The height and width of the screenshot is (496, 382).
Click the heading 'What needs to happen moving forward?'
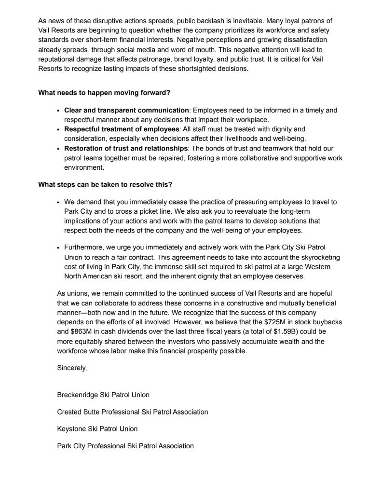pos(104,93)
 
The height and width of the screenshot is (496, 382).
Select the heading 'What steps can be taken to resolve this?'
pos(105,184)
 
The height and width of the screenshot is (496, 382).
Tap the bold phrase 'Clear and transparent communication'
pos(126,110)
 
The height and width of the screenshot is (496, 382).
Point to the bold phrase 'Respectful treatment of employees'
pos(122,129)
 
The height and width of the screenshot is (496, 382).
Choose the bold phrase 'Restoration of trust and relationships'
pos(126,148)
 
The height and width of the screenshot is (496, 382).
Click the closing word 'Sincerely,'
pos(72,368)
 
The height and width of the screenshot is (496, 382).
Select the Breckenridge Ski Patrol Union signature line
pos(103,395)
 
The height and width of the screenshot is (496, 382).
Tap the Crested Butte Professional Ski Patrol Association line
pos(133,412)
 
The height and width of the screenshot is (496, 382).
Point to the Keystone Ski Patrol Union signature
pos(97,429)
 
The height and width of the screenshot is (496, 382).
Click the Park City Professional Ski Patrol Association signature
pos(125,446)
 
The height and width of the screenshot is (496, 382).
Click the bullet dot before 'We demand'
pos(58,202)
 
